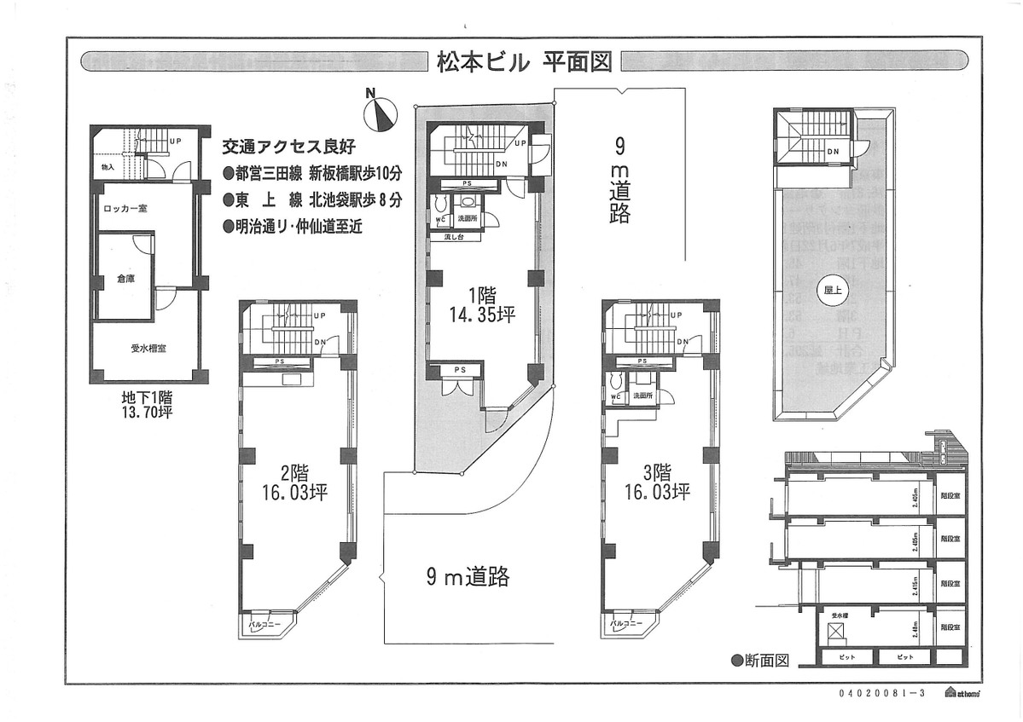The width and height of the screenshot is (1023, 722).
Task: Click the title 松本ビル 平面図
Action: tap(524, 62)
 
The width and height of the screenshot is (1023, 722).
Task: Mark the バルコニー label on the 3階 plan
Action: tap(625, 625)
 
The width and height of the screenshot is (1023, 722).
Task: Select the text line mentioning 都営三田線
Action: tap(311, 172)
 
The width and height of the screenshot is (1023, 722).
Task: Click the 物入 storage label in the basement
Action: tap(108, 168)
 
